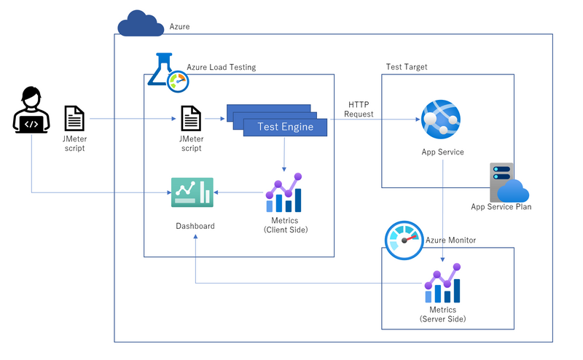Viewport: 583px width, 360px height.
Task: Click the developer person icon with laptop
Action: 31,110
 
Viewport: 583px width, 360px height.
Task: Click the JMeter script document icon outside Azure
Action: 74,118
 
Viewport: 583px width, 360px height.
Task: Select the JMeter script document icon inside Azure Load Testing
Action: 191,118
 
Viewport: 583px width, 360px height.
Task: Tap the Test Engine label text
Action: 286,127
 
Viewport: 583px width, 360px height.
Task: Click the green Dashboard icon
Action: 192,192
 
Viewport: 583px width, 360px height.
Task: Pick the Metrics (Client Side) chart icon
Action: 284,192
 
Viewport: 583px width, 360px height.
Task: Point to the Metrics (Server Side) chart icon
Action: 443,283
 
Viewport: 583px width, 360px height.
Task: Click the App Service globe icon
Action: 441,119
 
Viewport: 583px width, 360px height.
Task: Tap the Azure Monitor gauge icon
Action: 404,240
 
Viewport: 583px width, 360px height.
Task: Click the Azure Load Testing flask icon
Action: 168,73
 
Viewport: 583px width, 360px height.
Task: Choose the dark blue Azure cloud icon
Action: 141,23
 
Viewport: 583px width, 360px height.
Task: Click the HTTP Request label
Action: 359,109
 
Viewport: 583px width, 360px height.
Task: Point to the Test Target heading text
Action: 407,67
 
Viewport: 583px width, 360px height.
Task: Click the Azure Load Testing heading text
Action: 222,67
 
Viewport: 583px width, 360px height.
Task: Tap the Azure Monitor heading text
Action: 450,240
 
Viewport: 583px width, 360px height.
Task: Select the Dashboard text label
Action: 195,226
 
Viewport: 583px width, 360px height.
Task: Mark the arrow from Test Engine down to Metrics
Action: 284,154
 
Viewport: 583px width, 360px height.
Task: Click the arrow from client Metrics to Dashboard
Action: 238,192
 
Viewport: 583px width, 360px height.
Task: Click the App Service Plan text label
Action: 501,207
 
